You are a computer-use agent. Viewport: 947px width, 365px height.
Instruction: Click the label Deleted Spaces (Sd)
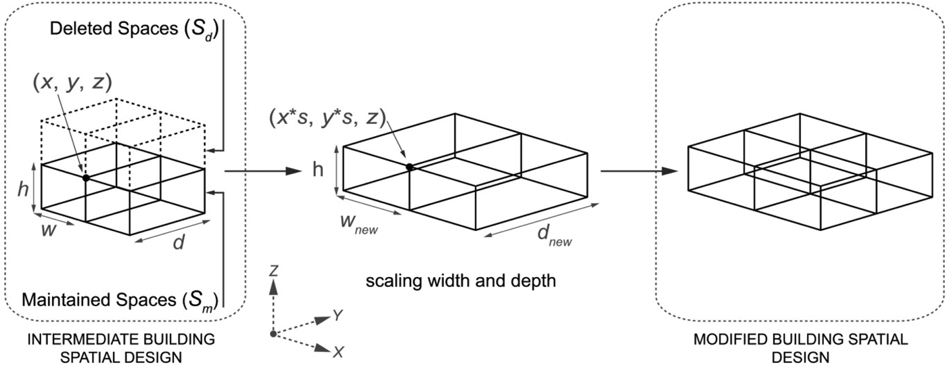pyautogui.click(x=125, y=30)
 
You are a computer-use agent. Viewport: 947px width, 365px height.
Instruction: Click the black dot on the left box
pyautogui.click(x=86, y=177)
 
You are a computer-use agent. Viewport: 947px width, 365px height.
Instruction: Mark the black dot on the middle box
pyautogui.click(x=409, y=167)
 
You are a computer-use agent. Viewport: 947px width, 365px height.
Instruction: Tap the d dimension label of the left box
pyautogui.click(x=179, y=242)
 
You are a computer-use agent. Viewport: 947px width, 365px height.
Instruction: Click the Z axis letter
pyautogui.click(x=273, y=271)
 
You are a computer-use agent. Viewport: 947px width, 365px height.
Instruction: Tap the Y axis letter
pyautogui.click(x=336, y=314)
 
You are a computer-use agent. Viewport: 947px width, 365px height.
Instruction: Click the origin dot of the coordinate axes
pyautogui.click(x=273, y=334)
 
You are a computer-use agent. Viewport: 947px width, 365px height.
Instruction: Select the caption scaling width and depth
pyautogui.click(x=460, y=280)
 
